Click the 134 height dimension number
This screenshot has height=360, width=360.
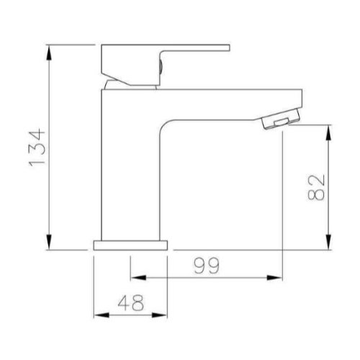37,148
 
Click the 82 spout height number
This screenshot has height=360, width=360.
316,187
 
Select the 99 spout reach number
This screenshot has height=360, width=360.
207,266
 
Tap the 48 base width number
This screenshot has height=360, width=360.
131,302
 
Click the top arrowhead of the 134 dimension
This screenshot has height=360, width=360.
49,53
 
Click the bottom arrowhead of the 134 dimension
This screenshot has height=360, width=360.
49,242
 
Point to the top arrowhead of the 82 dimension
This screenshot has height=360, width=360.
328,132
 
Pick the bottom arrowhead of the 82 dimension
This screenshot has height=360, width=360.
328,242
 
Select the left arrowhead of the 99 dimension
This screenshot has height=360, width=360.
138,278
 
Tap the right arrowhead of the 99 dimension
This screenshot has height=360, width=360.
274,278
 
